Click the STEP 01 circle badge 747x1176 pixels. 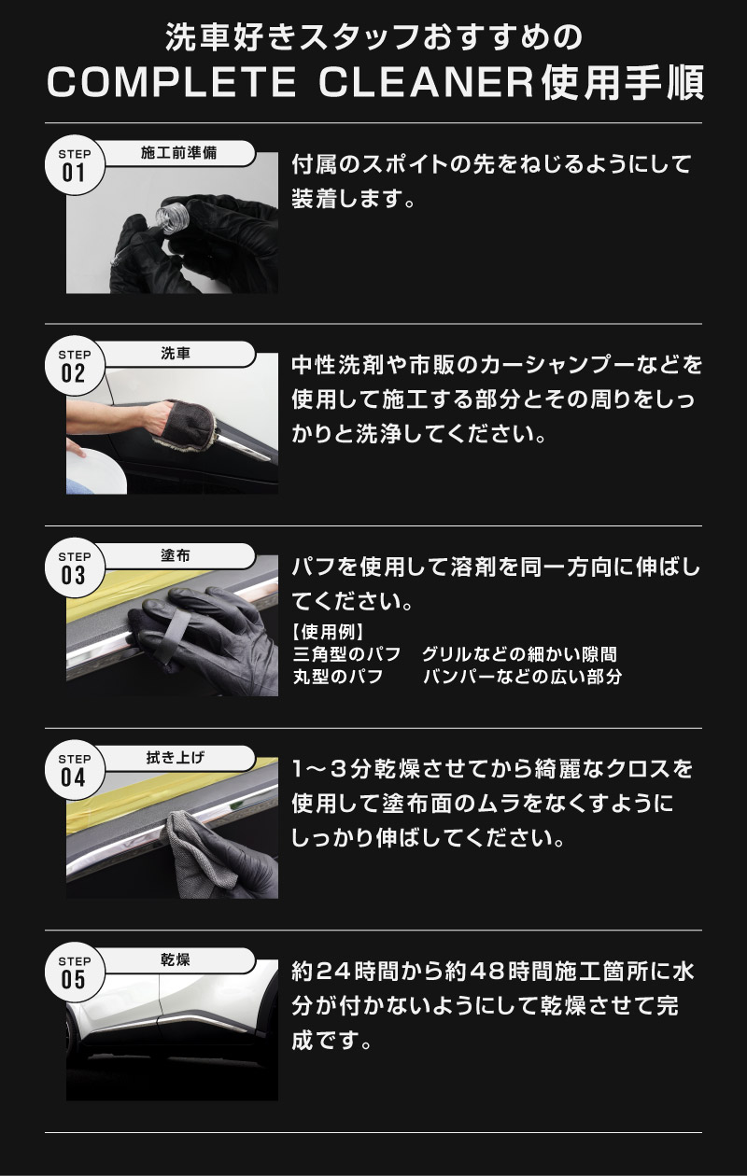coord(74,166)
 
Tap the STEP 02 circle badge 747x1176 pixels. coord(74,366)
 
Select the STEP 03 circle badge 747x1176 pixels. coord(74,568)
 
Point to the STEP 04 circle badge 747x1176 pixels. coord(74,770)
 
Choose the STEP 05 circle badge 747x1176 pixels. coord(74,973)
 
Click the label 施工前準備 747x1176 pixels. coord(178,153)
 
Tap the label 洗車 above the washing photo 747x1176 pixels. coord(176,354)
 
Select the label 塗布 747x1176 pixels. coord(176,555)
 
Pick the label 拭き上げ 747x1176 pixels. coord(176,758)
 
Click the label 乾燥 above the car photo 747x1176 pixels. coord(176,959)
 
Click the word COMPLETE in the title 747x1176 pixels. coord(172,83)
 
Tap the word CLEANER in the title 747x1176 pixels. coord(426,83)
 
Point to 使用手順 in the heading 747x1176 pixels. coord(623,83)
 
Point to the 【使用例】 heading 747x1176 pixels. coord(329,632)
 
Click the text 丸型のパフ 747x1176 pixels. coord(338,676)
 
